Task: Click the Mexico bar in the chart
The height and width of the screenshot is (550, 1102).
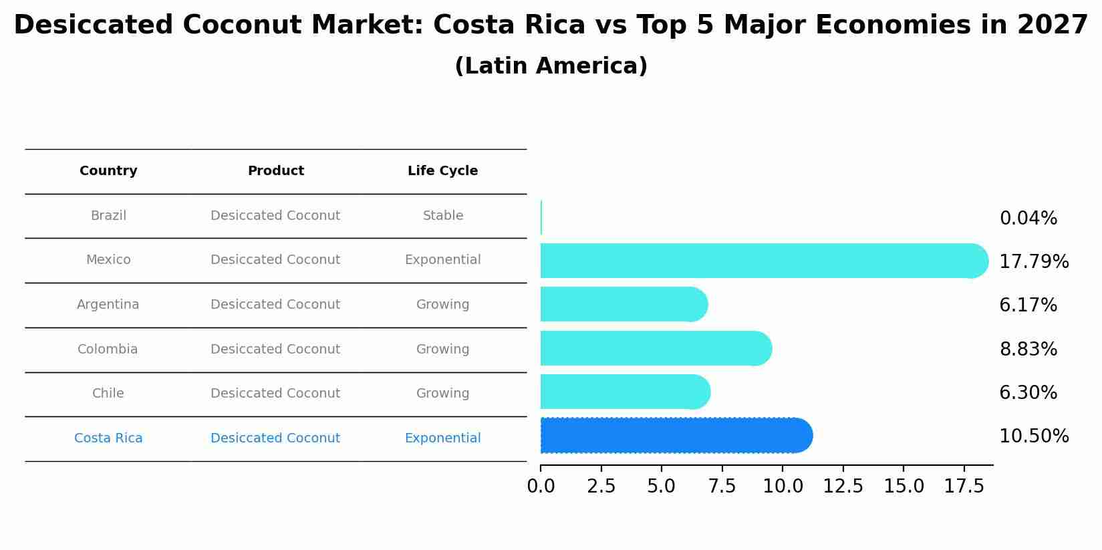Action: click(762, 261)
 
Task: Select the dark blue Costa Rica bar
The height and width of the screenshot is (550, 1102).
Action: click(675, 436)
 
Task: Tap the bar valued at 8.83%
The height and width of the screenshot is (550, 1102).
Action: click(655, 348)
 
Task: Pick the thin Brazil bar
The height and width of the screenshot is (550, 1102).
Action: click(541, 217)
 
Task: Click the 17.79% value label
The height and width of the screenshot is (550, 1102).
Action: click(1033, 262)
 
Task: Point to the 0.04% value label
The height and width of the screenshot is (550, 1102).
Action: click(1028, 219)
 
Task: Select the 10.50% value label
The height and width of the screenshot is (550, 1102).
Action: click(1033, 436)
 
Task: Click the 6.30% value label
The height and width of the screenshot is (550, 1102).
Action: click(1028, 393)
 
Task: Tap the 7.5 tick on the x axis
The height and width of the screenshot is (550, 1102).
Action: click(722, 487)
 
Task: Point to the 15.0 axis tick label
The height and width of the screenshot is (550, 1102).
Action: click(904, 487)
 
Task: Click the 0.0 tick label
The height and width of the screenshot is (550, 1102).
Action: click(541, 487)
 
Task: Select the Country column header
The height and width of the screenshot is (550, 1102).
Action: click(108, 171)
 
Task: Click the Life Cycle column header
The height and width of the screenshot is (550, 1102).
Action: click(442, 171)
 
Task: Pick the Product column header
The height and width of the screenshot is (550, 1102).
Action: click(275, 171)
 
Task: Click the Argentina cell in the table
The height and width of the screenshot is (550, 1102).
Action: click(108, 305)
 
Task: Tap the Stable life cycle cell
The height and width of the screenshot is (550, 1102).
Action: click(442, 216)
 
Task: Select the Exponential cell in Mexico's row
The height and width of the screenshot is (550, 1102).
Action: click(442, 260)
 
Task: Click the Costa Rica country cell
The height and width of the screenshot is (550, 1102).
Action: click(108, 438)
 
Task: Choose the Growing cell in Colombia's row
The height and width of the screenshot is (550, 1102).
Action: click(442, 350)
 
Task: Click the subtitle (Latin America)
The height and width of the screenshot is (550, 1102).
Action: click(551, 66)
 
